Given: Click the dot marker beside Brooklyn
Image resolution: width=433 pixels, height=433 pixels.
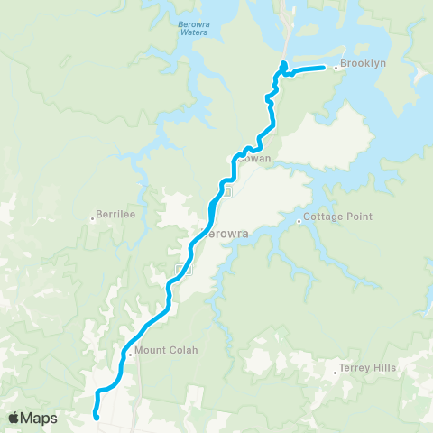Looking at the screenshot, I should click(336, 67).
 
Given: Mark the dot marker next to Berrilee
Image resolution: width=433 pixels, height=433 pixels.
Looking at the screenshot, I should click(93, 217).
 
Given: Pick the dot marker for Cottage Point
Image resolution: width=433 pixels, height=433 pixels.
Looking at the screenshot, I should click(299, 218).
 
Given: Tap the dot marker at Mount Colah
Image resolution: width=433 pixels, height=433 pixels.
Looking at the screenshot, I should click(130, 353).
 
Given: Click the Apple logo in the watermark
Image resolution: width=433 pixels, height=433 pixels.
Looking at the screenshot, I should click(14, 418).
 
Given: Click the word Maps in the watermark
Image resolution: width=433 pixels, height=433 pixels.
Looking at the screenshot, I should click(40, 418).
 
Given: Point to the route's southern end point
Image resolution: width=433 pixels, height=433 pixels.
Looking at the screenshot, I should click(96, 416).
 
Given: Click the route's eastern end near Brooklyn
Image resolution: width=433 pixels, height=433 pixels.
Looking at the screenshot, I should click(323, 68).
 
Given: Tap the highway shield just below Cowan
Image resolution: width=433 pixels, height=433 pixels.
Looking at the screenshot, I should click(227, 191).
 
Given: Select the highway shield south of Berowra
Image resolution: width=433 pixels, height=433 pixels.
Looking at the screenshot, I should click(180, 270).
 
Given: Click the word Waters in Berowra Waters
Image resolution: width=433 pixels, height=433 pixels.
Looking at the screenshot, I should click(192, 32).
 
